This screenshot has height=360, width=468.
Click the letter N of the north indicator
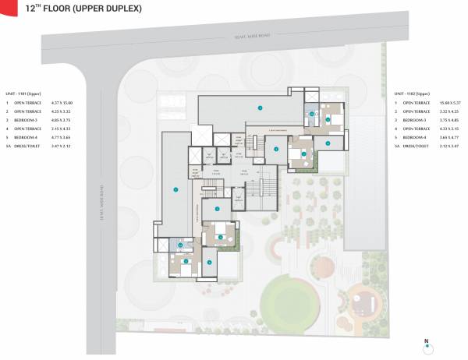426,341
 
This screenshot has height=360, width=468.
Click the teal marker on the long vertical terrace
176,189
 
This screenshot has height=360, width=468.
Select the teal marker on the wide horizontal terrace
260,107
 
